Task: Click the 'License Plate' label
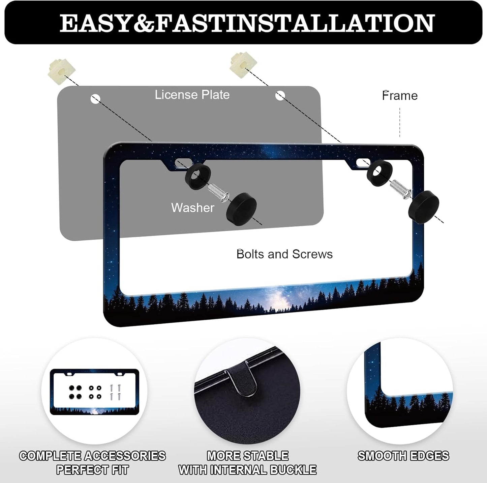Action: [192, 95]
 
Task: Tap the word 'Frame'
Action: [400, 96]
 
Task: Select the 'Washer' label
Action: [192, 208]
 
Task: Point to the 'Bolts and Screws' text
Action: [284, 254]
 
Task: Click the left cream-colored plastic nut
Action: [61, 71]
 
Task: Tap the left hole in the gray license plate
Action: [95, 99]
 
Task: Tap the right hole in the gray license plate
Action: [280, 96]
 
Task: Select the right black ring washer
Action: [379, 173]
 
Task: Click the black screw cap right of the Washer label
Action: [241, 209]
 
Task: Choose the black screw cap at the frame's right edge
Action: [424, 207]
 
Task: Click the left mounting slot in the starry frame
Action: [183, 163]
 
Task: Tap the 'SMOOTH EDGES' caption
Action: [403, 456]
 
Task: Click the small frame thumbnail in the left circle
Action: [94, 392]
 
